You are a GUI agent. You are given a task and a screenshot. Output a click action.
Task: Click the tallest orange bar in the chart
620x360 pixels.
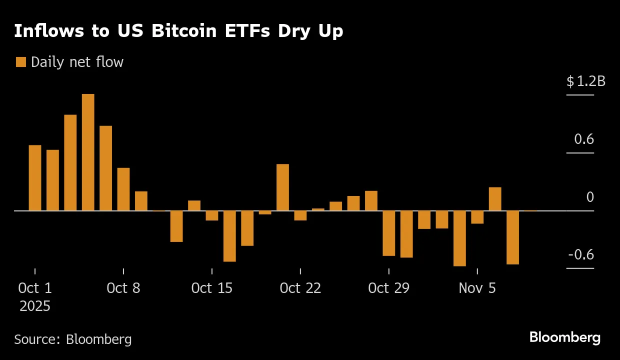pyautogui.click(x=88, y=152)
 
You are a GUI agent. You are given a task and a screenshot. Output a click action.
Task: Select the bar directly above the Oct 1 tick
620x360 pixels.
pyautogui.click(x=35, y=177)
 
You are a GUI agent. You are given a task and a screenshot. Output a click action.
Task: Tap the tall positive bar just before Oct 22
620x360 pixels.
pyautogui.click(x=282, y=187)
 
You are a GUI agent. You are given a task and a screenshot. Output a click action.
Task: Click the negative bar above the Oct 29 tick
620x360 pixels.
pyautogui.click(x=388, y=233)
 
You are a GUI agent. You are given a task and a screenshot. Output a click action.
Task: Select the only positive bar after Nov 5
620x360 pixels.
pyautogui.click(x=495, y=198)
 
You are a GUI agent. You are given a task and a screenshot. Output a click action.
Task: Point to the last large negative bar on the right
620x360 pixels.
pyautogui.click(x=512, y=237)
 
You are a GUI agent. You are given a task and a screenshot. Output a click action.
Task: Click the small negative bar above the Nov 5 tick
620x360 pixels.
pyautogui.click(x=477, y=217)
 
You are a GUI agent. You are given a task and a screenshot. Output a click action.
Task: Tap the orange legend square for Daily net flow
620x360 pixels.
pyautogui.click(x=20, y=62)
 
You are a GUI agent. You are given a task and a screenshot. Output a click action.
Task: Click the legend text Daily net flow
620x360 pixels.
pyautogui.click(x=77, y=62)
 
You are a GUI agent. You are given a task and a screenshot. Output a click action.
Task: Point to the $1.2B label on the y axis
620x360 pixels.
pyautogui.click(x=585, y=81)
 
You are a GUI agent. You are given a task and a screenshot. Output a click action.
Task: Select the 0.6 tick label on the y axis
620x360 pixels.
pyautogui.click(x=584, y=139)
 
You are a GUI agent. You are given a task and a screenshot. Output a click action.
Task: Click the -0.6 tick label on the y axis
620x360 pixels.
pyautogui.click(x=581, y=255)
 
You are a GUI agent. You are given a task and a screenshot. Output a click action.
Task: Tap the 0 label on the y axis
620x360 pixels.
pyautogui.click(x=590, y=197)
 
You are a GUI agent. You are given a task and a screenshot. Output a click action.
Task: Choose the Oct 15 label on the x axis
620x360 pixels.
pyautogui.click(x=212, y=288)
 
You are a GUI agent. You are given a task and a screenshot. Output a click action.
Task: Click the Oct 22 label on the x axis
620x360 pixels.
pyautogui.click(x=300, y=288)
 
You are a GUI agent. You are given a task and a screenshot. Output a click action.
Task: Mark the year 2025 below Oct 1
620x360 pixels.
pyautogui.click(x=35, y=306)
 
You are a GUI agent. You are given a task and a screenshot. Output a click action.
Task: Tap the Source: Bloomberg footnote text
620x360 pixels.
pyautogui.click(x=73, y=339)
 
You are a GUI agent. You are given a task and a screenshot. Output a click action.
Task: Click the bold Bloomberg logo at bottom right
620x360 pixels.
pyautogui.click(x=565, y=337)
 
